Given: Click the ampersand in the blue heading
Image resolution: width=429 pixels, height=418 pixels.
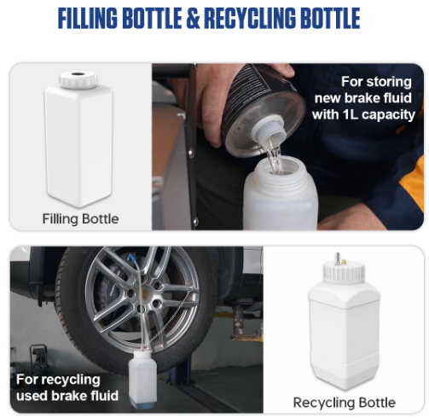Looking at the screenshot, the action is (x=194, y=18).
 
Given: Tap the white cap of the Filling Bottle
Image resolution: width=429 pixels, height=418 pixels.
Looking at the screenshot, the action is (x=78, y=79).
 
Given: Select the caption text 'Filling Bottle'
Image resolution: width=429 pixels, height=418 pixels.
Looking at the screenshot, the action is (x=80, y=219).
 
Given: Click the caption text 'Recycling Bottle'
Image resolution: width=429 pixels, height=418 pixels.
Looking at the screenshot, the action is (x=345, y=403).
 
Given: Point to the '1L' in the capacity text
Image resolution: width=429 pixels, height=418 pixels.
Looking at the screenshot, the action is (x=351, y=114).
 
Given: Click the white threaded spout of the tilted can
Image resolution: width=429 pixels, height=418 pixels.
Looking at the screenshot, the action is (x=269, y=129).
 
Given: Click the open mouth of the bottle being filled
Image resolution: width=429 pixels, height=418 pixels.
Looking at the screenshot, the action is (x=279, y=166).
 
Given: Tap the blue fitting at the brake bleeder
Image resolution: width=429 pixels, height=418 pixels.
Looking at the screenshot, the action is (x=131, y=258).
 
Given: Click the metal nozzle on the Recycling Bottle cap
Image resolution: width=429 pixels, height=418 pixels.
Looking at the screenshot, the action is (x=338, y=258).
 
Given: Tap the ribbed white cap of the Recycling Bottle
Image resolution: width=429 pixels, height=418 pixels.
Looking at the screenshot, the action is (x=344, y=272).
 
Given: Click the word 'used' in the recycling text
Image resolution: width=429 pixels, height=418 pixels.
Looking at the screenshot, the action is (x=32, y=396).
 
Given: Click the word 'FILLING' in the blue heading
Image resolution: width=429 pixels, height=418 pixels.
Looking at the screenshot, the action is (x=88, y=18).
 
